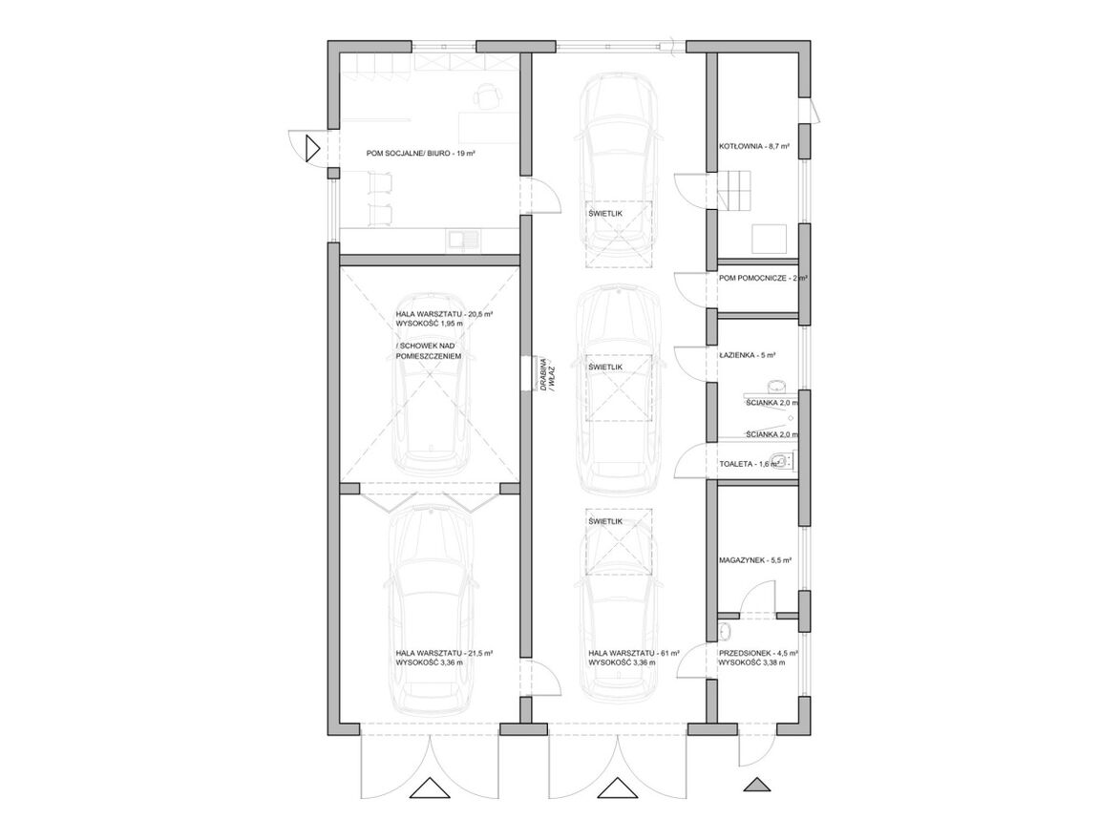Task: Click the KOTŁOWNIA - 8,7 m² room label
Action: tap(754, 146)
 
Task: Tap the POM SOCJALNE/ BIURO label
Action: tap(421, 153)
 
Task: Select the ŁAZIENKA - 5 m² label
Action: tap(748, 354)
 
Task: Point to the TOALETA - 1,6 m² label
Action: tap(750, 464)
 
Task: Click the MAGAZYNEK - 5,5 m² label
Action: tap(755, 560)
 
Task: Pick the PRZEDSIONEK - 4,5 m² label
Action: tap(758, 653)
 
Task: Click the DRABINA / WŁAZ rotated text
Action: tap(546, 372)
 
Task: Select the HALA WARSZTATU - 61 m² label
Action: tap(634, 653)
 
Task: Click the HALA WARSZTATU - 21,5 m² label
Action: tap(444, 653)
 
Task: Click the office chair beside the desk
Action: tap(486, 95)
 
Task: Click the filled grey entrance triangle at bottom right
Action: tap(757, 785)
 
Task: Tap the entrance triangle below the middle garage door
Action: tap(617, 787)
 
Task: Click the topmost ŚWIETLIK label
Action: tap(605, 214)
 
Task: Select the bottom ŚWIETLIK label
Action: tap(605, 521)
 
